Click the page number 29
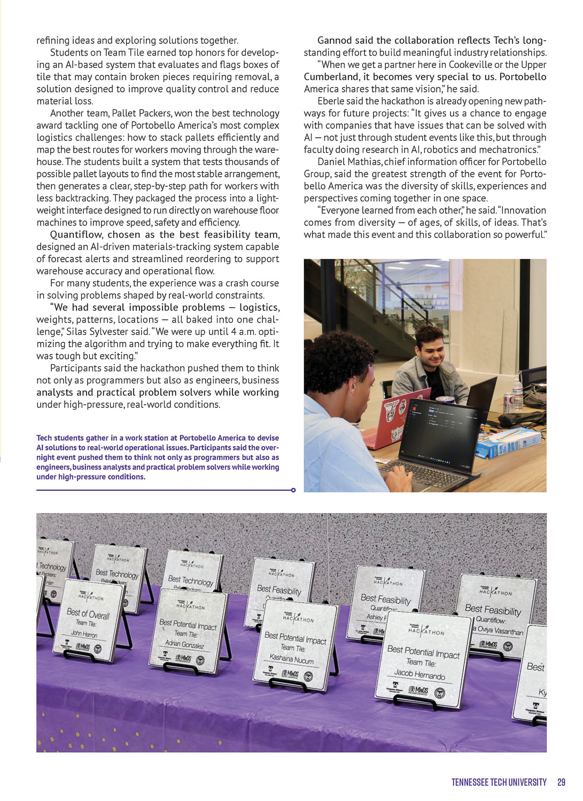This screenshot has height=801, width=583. pyautogui.click(x=561, y=782)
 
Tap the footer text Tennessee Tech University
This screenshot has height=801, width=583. pyautogui.click(x=499, y=782)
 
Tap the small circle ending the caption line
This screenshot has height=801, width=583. pyautogui.click(x=293, y=490)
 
